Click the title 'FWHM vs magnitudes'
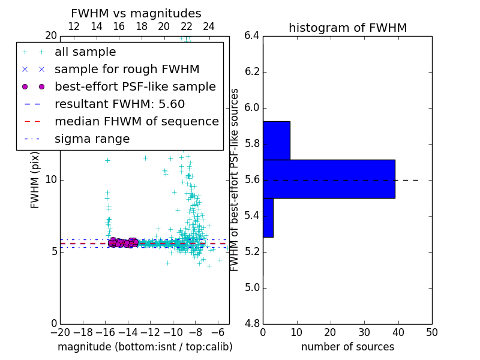(x=136, y=13)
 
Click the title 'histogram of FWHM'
(x=347, y=28)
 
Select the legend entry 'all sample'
(x=85, y=52)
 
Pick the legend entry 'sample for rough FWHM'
(x=127, y=69)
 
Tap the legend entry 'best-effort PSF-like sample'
(x=135, y=86)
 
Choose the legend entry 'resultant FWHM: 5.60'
(x=119, y=104)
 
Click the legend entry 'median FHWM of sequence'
(x=136, y=121)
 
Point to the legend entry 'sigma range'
(x=92, y=139)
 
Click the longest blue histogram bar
(x=329, y=179)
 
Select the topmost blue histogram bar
(x=277, y=140)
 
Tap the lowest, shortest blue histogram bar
(x=268, y=217)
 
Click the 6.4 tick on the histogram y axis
(x=252, y=36)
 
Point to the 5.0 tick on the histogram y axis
(x=252, y=288)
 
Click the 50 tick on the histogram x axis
(x=431, y=332)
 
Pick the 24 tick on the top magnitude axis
(x=209, y=26)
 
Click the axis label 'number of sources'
(x=347, y=347)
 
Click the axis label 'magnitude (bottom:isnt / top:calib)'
(x=145, y=347)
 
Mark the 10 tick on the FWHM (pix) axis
(x=50, y=179)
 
